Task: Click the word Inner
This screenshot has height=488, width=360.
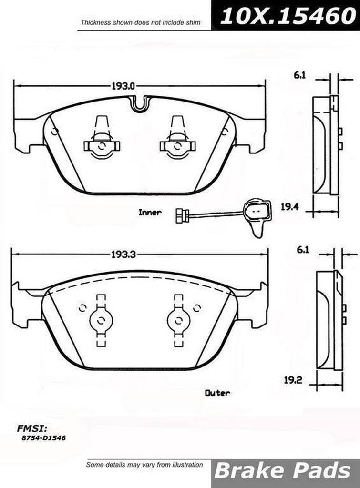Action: pyautogui.click(x=150, y=213)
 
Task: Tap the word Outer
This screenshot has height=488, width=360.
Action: pyautogui.click(x=217, y=393)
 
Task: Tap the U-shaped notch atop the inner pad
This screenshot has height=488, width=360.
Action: pyautogui.click(x=139, y=102)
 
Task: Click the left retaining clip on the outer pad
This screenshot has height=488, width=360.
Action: pyautogui.click(x=101, y=320)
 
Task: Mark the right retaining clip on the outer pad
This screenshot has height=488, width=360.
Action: pyautogui.click(x=179, y=320)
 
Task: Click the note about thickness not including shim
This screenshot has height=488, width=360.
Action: pyautogui.click(x=139, y=22)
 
